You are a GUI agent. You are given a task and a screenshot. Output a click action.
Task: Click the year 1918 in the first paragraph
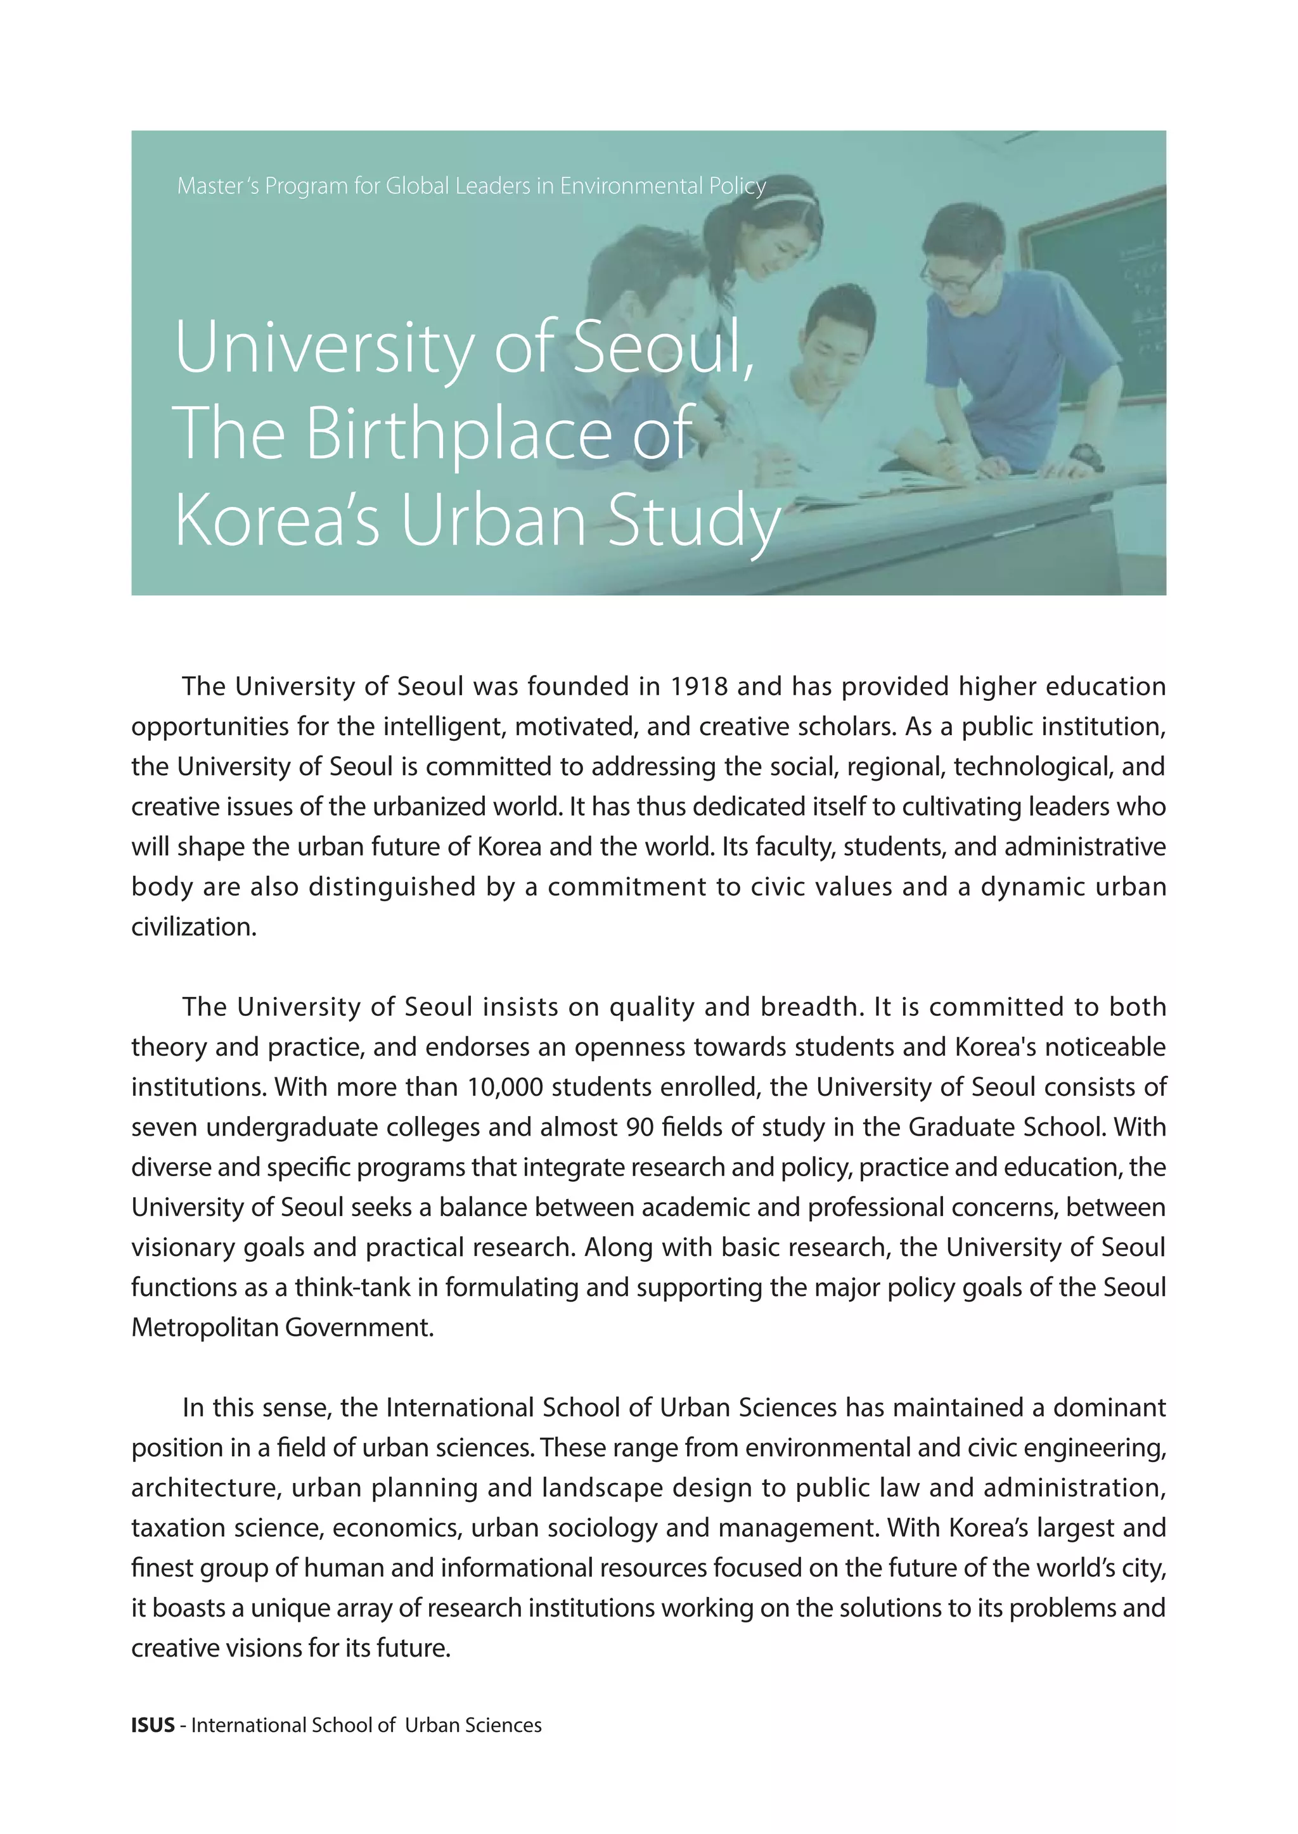click(698, 686)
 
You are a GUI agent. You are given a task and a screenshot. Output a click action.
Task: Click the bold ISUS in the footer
click(153, 1726)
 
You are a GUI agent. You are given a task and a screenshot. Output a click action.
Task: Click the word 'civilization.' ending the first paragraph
click(194, 927)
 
